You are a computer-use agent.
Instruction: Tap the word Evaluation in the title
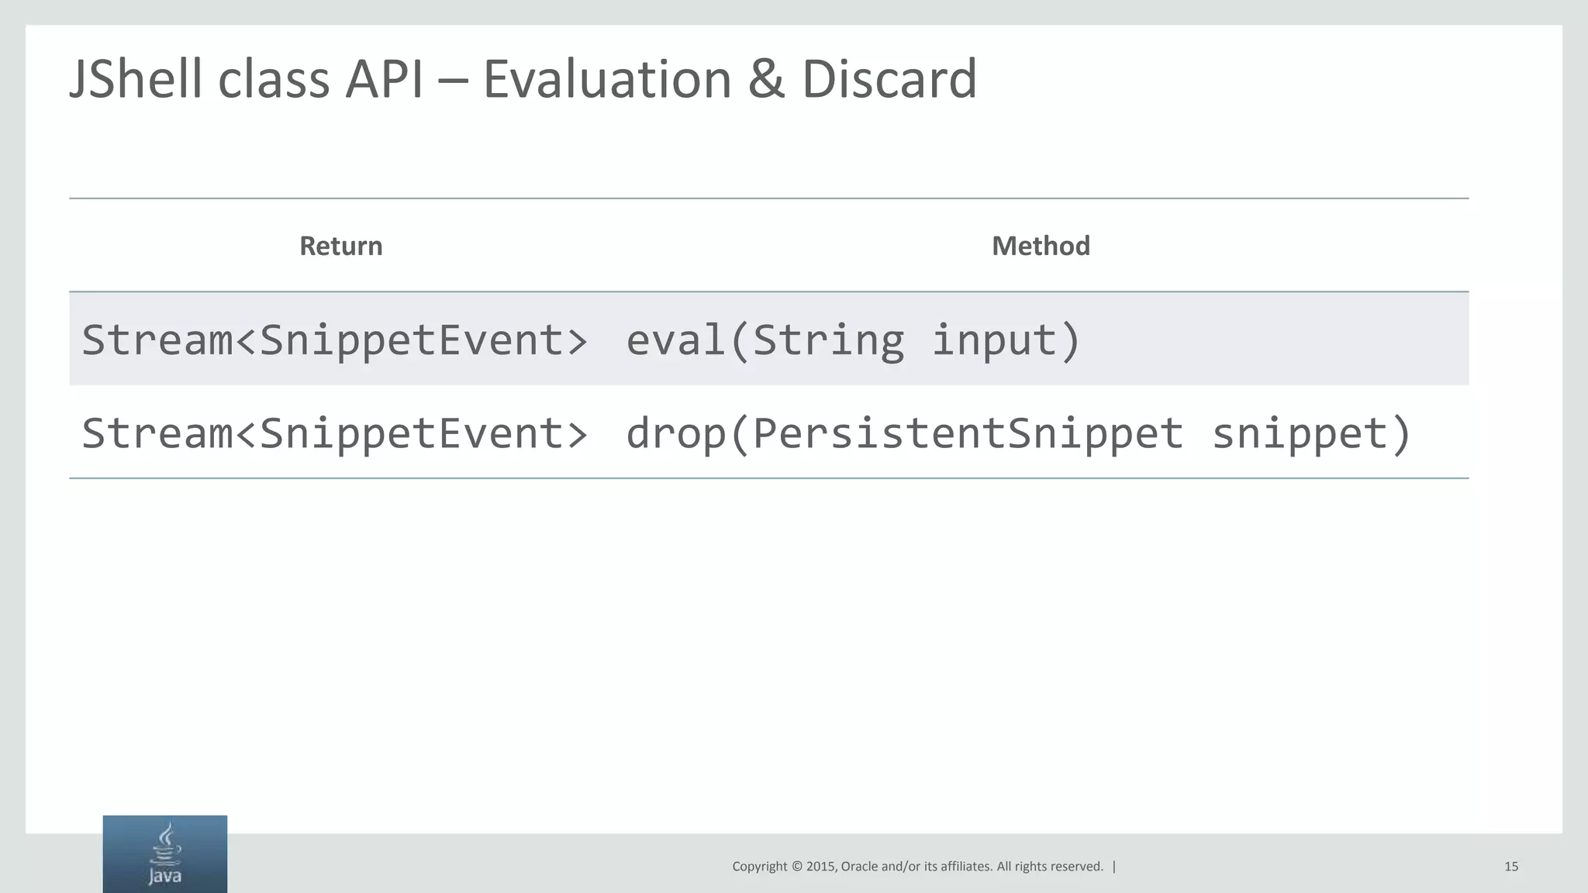pyautogui.click(x=607, y=79)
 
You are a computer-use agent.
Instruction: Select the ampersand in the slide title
pyautogui.click(x=766, y=79)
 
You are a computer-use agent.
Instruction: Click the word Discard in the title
pyautogui.click(x=889, y=79)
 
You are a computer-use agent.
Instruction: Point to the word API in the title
pyautogui.click(x=384, y=79)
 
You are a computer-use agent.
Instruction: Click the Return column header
pyautogui.click(x=341, y=246)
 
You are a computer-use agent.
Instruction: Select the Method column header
pyautogui.click(x=1041, y=246)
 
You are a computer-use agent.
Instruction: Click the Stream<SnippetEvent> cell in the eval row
pyautogui.click(x=334, y=340)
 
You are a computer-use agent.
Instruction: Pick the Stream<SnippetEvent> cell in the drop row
pyautogui.click(x=334, y=433)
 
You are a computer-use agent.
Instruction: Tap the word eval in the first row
pyautogui.click(x=674, y=340)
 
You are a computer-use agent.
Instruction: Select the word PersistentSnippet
pyautogui.click(x=968, y=433)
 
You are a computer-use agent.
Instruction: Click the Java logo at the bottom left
pyautogui.click(x=164, y=854)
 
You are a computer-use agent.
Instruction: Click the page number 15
pyautogui.click(x=1510, y=867)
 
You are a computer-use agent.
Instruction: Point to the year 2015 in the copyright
pyautogui.click(x=820, y=867)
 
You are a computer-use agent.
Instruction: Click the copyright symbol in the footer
pyautogui.click(x=796, y=867)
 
